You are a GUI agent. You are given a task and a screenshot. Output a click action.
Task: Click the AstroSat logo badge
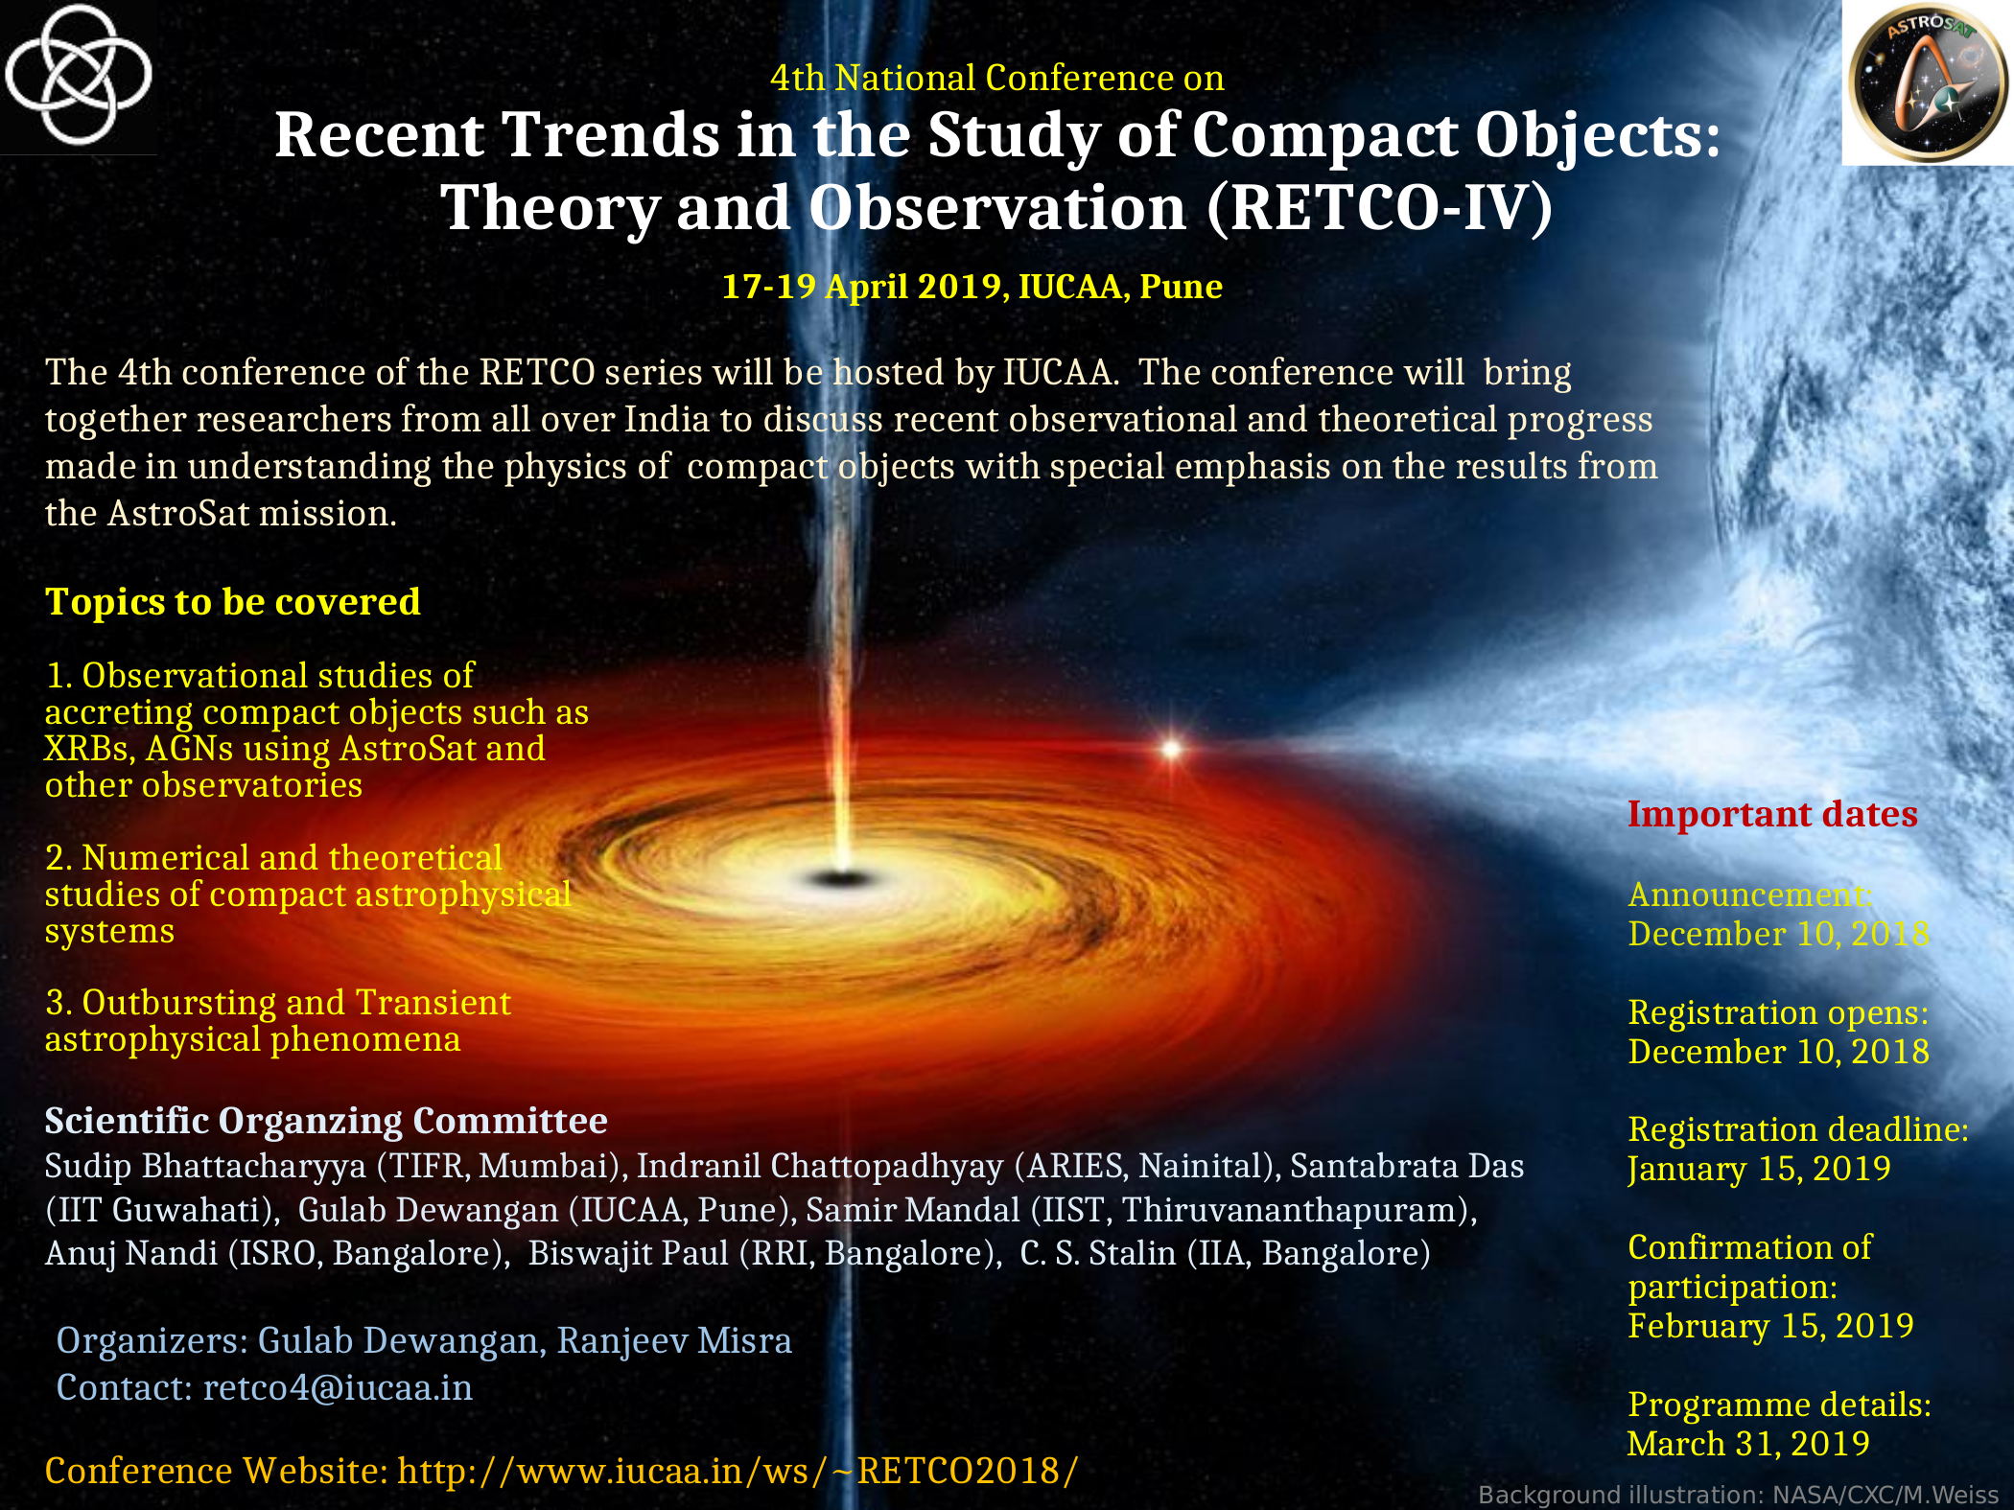(1928, 82)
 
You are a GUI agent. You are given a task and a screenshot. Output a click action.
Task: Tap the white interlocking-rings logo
(78, 74)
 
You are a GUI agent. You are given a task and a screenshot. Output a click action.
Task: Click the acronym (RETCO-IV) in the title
(1379, 208)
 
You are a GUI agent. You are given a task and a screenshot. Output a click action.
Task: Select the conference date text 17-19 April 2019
(862, 287)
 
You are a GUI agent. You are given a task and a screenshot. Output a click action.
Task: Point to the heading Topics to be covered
(233, 602)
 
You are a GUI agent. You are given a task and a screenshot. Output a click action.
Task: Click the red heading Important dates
(1772, 814)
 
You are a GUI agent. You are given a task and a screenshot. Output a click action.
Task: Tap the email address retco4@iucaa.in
(339, 1388)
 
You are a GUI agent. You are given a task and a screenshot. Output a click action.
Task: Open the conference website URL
(738, 1471)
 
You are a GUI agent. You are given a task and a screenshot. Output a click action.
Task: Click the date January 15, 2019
(1759, 1169)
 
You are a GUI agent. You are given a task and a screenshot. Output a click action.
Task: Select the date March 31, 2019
(1748, 1444)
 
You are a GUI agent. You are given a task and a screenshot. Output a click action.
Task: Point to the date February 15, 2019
(1770, 1326)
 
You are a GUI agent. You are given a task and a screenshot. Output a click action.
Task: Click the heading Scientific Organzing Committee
(326, 1121)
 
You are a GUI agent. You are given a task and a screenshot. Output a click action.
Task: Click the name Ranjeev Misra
(674, 1340)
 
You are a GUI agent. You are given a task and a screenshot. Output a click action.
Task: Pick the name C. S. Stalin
(1097, 1253)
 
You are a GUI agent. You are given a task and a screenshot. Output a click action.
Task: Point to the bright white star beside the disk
(1171, 748)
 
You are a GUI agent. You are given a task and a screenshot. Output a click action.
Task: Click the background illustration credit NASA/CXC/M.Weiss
(1885, 1495)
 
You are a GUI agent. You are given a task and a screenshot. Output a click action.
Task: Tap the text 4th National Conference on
(996, 78)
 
